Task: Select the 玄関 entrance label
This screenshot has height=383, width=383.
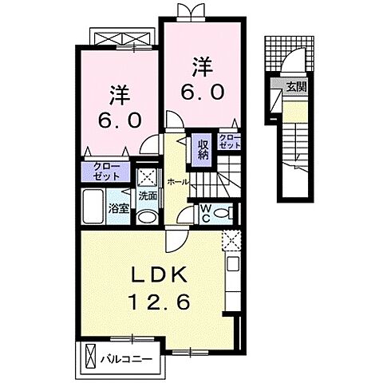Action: click(295, 87)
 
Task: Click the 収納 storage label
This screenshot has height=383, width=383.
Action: click(203, 148)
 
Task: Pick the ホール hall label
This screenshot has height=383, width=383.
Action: click(179, 182)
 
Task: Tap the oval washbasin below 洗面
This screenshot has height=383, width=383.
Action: click(147, 216)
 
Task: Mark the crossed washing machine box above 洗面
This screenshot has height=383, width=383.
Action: click(147, 177)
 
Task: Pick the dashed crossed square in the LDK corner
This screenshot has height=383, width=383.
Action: click(231, 239)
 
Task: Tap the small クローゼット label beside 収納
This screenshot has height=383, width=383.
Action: click(229, 142)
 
